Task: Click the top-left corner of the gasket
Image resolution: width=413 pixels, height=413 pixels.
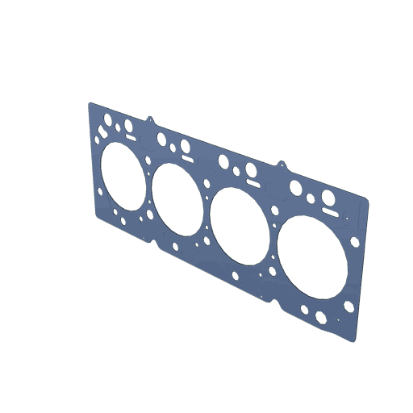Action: click(90, 104)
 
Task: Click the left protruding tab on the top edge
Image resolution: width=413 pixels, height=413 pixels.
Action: click(150, 120)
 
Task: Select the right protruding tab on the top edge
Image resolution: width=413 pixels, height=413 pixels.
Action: click(282, 165)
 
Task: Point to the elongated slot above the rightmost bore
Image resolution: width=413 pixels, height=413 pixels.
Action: click(328, 211)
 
